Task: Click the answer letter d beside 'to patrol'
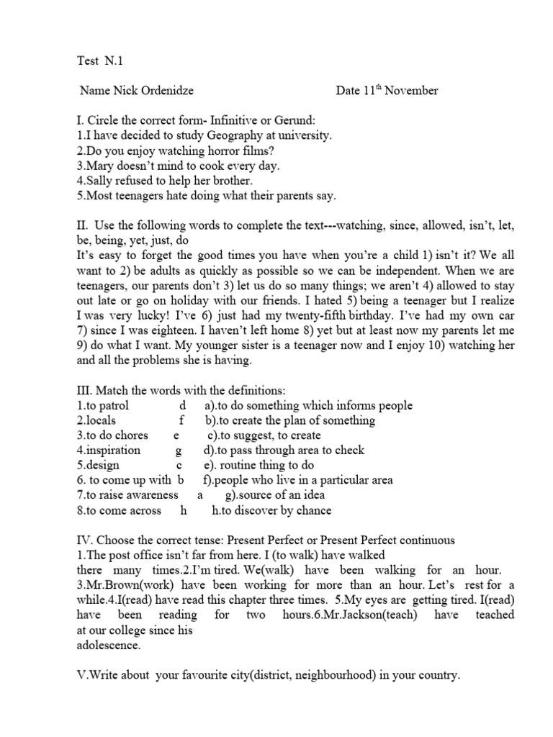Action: (182, 406)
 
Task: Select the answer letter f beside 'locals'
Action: (182, 420)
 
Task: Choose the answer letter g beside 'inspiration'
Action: (178, 451)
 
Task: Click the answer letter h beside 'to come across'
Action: (184, 510)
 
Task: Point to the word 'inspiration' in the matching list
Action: (112, 451)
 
